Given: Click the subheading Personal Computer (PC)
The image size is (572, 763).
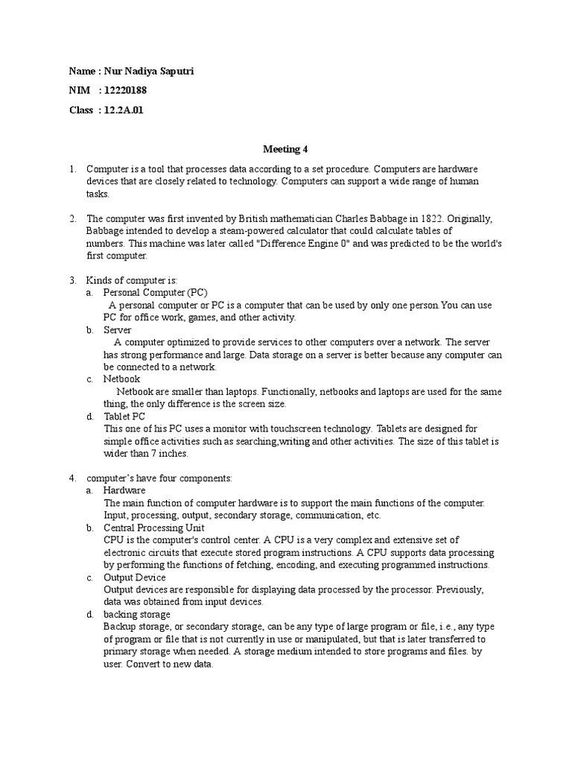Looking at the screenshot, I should point(156,293).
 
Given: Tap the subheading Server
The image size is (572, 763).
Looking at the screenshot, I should point(118,329).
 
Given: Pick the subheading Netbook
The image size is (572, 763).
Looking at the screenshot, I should point(121,379).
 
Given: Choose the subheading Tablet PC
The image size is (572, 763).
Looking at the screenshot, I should point(124,416).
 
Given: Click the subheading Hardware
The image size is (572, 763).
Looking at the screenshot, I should point(124,490).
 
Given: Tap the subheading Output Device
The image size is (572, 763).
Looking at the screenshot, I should point(135,577).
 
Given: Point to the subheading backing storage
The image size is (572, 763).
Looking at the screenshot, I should point(137,614).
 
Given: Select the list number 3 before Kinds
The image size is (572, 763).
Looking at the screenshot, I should point(72,280).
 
